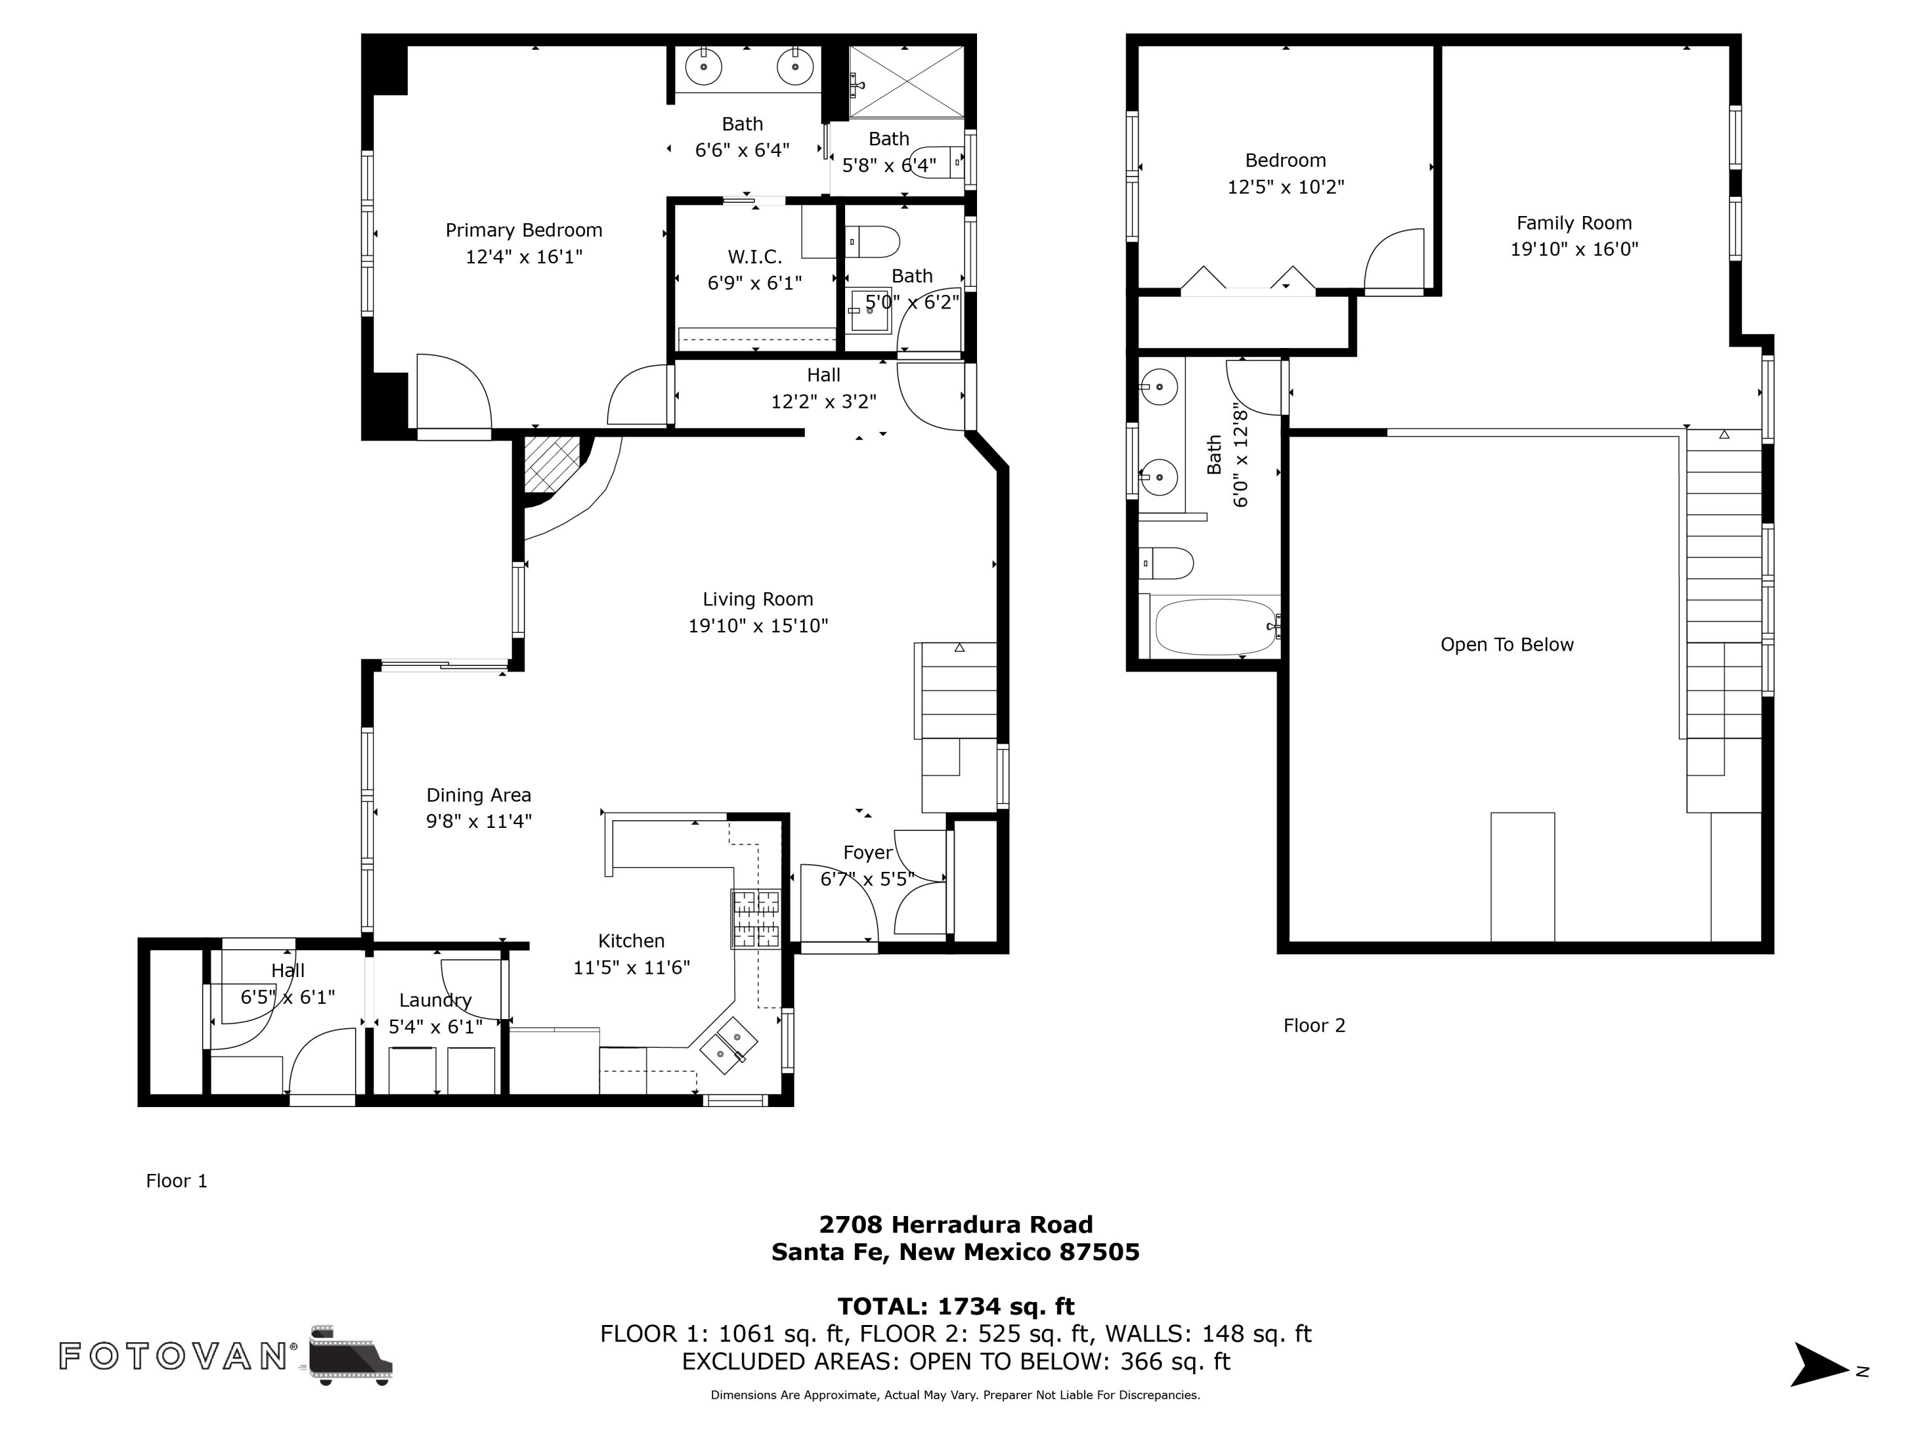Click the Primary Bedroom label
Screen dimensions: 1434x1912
pos(523,230)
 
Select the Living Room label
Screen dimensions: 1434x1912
pos(757,599)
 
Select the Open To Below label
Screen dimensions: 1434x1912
pos(1506,645)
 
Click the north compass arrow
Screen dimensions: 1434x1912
pos(1820,1364)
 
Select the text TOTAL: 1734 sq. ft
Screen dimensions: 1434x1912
pos(955,1306)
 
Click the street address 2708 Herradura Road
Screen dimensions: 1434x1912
pos(955,1225)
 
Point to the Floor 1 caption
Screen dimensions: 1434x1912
pos(177,1181)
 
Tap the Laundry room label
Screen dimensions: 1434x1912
pos(435,1000)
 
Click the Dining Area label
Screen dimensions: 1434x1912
pos(478,795)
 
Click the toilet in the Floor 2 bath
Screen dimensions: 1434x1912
pos(1166,563)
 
